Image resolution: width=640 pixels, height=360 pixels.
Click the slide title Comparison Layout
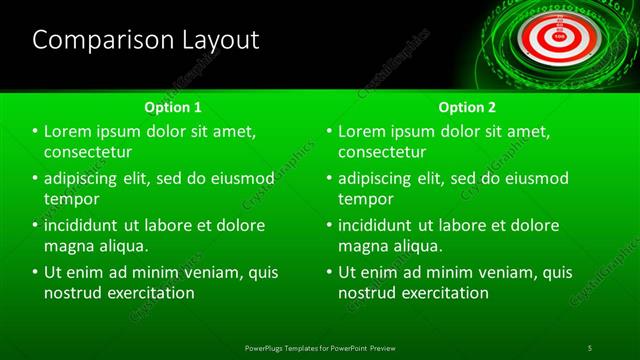click(146, 40)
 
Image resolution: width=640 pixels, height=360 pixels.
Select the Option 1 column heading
click(172, 107)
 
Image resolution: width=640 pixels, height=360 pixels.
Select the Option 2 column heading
click(466, 107)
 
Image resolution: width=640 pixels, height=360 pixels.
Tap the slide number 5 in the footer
click(590, 347)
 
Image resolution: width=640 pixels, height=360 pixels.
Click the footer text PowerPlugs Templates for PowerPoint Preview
click(320, 347)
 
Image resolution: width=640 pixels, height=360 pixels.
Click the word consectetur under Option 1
click(89, 152)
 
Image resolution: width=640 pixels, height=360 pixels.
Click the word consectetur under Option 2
click(383, 152)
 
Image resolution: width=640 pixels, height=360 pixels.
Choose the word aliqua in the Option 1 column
click(121, 246)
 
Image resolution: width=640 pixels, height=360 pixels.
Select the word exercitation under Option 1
click(150, 293)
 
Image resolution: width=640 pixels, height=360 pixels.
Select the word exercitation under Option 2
click(444, 293)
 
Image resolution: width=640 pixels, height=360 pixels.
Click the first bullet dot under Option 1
click(35, 132)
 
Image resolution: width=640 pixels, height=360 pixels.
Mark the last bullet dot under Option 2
click(329, 272)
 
